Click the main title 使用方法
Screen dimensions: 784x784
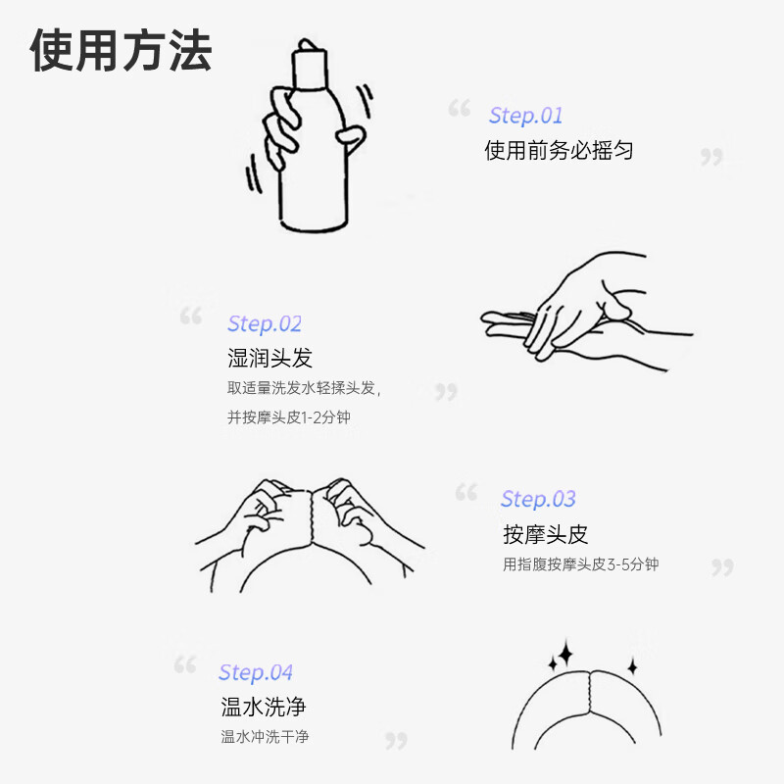[x=122, y=50]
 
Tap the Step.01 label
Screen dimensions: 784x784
[x=526, y=116]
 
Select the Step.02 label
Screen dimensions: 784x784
[x=265, y=323]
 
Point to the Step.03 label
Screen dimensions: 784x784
[x=538, y=499]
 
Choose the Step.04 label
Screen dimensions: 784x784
[x=256, y=672]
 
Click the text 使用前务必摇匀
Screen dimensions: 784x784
[x=559, y=151]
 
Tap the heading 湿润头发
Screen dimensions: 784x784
[x=269, y=358]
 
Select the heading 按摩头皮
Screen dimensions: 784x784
[x=545, y=534]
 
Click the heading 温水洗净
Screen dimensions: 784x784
[x=264, y=707]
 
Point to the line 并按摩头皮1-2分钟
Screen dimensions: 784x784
[x=288, y=417]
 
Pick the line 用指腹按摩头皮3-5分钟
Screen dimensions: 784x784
[x=580, y=564]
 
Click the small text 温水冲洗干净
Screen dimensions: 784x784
[x=265, y=737]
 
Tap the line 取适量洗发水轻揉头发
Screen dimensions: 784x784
[x=303, y=388]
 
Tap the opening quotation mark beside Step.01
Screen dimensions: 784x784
[x=459, y=108]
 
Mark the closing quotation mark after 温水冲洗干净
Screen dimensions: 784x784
[x=395, y=740]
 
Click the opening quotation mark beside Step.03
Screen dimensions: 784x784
[x=465, y=492]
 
